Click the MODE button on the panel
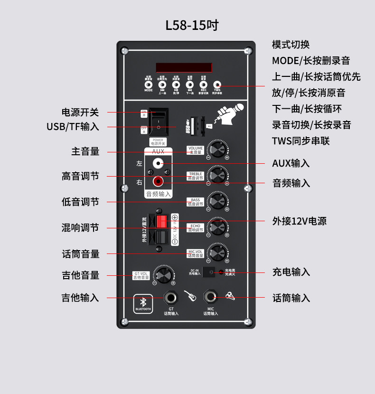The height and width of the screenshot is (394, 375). click(x=149, y=84)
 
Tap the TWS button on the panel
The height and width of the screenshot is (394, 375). click(x=217, y=84)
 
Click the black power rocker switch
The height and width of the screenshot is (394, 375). click(x=159, y=122)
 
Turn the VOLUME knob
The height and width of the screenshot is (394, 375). click(x=217, y=150)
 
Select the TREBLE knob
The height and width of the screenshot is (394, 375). click(x=217, y=175)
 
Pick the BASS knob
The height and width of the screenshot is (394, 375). click(x=217, y=201)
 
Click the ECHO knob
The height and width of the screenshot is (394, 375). click(x=217, y=227)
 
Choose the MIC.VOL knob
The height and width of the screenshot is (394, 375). click(x=217, y=253)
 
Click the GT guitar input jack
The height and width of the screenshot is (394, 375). click(x=171, y=298)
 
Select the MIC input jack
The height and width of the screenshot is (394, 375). click(x=211, y=298)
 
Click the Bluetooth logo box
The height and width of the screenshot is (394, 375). click(x=142, y=303)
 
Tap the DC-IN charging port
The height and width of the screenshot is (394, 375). click(x=207, y=272)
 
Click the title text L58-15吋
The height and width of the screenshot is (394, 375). click(x=192, y=25)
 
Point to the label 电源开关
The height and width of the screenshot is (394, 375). click(x=80, y=113)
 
